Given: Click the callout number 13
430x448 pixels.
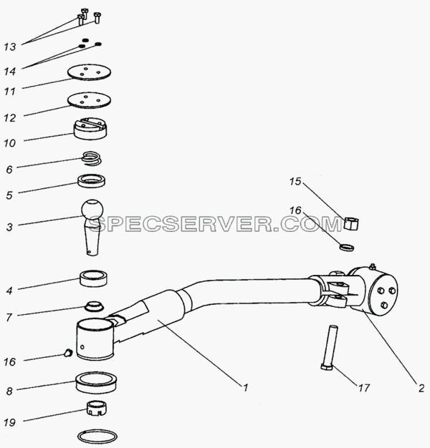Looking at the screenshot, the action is click(x=10, y=47).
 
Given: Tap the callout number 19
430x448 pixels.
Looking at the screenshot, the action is click(x=9, y=422).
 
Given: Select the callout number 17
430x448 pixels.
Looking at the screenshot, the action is click(x=364, y=388).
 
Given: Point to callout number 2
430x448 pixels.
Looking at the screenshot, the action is click(x=421, y=389).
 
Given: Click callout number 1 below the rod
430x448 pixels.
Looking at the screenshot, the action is click(x=245, y=388).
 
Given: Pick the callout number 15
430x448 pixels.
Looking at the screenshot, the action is click(x=295, y=181).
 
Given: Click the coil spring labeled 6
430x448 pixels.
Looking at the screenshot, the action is click(x=91, y=159).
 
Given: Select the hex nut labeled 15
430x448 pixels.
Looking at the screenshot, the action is click(x=351, y=223).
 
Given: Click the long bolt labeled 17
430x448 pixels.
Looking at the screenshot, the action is click(x=330, y=348).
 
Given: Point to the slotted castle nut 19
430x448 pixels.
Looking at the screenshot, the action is click(x=97, y=408).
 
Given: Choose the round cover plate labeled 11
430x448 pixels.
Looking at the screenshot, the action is click(x=90, y=72).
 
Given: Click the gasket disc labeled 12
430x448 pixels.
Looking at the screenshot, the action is click(x=90, y=100).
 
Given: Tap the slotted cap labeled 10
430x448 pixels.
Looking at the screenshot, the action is click(x=90, y=129).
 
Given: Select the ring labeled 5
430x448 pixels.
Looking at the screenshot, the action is click(x=92, y=181).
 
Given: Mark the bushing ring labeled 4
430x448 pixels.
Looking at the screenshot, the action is click(x=94, y=278).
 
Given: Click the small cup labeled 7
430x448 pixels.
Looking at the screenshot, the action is click(x=94, y=306).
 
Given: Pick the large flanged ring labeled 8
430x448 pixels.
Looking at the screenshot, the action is click(x=96, y=381).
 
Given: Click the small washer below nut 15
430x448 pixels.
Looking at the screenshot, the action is click(x=347, y=247).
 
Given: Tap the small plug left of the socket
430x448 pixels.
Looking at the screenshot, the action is click(x=68, y=353).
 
